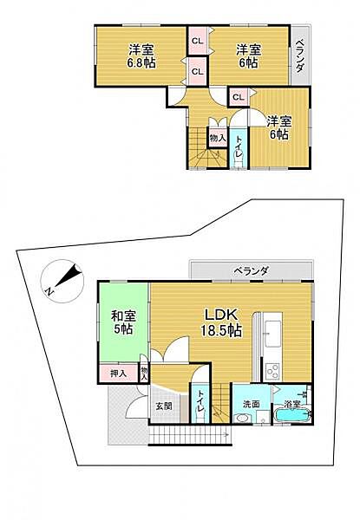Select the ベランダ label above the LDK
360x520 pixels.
coord(251,271)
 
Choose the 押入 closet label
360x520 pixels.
coord(118,374)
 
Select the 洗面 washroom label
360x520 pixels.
coord(251,405)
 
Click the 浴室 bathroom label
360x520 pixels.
coord(290,405)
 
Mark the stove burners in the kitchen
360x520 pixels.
coord(272,369)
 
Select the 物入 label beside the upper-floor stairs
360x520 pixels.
coord(218,137)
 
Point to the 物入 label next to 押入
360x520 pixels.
coord(144,374)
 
